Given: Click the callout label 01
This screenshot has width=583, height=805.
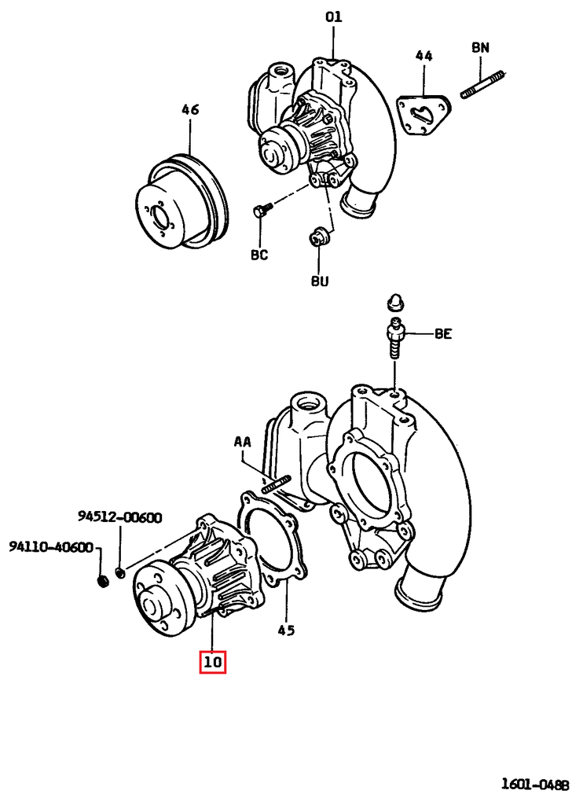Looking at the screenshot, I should point(334,17).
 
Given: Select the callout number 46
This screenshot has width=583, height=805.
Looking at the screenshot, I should point(189,109).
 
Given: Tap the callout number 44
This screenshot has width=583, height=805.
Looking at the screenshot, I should point(423,56).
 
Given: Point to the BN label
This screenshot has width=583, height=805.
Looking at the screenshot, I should point(480,48).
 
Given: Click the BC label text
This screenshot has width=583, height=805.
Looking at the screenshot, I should point(259,255).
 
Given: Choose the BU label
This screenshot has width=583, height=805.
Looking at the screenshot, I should point(320,281).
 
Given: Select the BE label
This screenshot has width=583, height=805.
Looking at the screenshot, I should point(443,334).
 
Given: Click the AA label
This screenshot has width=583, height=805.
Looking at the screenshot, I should point(241,443).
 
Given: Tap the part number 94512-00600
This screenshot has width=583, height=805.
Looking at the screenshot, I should point(119,516).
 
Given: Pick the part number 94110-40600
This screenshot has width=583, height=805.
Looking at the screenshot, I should point(51,547).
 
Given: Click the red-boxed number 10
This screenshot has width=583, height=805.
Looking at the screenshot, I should point(213,663).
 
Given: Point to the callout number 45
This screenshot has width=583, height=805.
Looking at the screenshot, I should point(287,630).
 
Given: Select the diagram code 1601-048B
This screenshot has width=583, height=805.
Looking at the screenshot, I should point(533,784).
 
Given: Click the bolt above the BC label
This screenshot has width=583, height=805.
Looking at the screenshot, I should point(262,210).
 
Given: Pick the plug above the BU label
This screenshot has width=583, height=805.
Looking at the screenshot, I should point(319,235).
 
